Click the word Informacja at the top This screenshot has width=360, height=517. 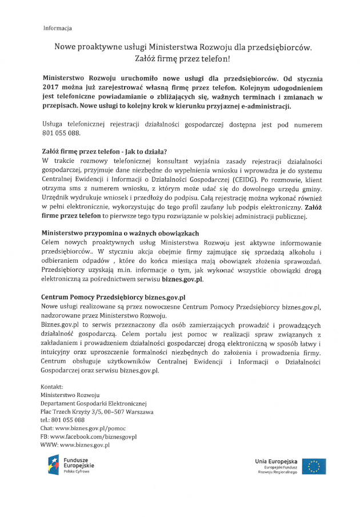[x=57, y=28]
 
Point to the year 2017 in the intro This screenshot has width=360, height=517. [x=53, y=88]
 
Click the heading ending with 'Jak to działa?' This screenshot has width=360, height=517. [x=104, y=151]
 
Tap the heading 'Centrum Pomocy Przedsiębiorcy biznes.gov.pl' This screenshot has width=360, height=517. [x=113, y=297]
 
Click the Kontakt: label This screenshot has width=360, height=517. [x=52, y=387]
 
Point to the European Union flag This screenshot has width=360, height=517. [x=314, y=466]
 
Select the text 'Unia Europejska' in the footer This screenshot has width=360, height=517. [x=277, y=460]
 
